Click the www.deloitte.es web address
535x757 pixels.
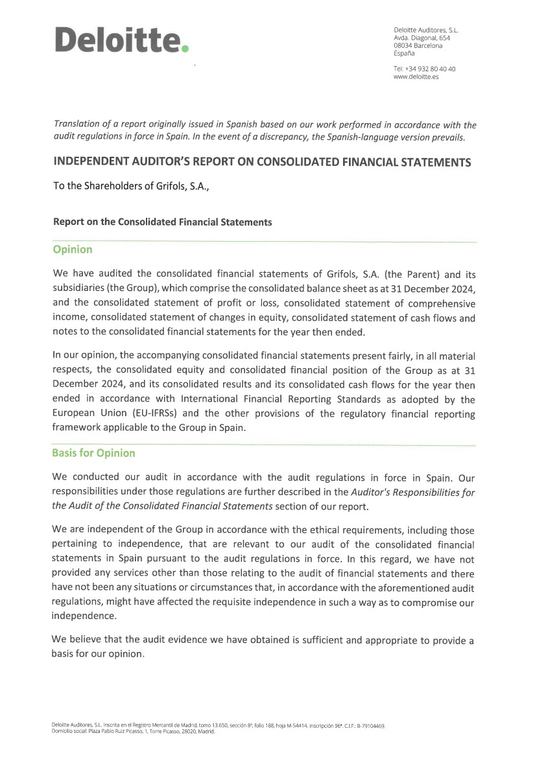tap(416, 76)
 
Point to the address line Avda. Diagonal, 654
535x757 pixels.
tap(422, 38)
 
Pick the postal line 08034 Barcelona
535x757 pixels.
tap(418, 45)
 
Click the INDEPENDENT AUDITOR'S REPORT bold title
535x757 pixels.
tap(262, 162)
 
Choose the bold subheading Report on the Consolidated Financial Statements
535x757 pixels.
tap(162, 222)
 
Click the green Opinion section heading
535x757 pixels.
tap(72, 250)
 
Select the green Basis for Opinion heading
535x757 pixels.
tap(93, 453)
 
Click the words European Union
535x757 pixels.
tap(85, 413)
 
